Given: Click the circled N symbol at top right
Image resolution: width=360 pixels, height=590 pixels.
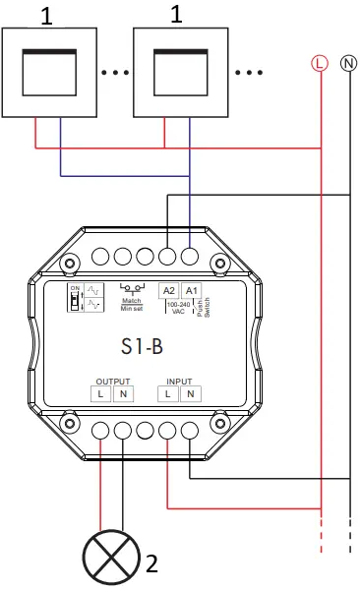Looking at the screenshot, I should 348,63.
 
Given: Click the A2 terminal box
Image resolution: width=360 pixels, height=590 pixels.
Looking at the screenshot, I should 169,291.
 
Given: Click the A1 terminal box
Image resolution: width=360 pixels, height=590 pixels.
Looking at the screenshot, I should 192,291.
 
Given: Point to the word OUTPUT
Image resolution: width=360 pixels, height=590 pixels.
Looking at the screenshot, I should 112,381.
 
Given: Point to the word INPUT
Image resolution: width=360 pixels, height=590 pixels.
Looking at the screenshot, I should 180,381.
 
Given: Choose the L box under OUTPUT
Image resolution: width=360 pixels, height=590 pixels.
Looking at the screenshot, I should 101,394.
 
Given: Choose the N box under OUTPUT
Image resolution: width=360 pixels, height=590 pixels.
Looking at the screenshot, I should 123,394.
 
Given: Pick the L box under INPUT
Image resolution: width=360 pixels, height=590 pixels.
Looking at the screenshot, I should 169,394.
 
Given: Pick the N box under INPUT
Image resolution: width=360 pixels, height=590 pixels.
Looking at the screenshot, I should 191,394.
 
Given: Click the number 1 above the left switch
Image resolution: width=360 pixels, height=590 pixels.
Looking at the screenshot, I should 48,15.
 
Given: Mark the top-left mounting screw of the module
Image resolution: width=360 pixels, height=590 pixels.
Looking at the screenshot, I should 69,264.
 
